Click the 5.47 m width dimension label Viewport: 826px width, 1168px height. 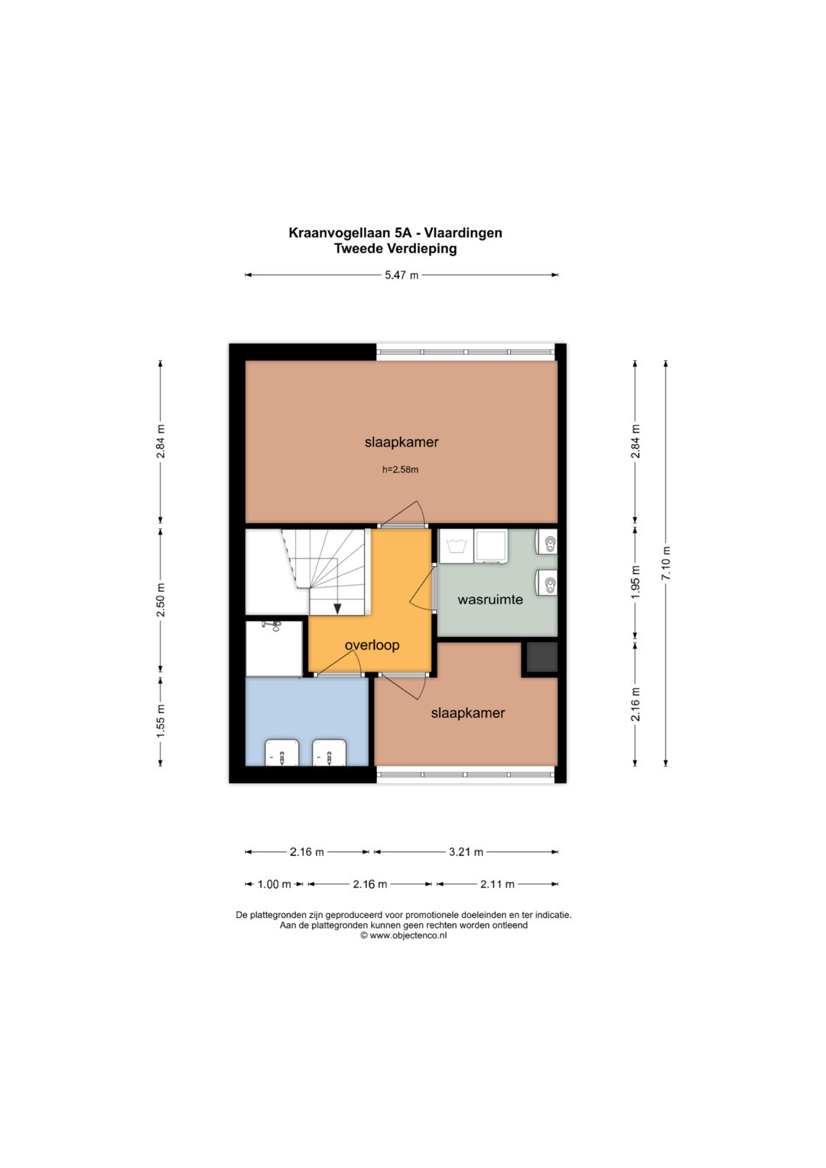(x=402, y=275)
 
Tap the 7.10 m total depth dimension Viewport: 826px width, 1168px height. (x=666, y=563)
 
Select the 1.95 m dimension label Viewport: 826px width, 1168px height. (x=635, y=582)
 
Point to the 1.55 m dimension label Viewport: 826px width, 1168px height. (x=161, y=721)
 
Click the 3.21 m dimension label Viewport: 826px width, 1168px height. (x=467, y=852)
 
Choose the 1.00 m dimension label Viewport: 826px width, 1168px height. (x=275, y=883)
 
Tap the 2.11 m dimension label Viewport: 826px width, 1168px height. (x=497, y=883)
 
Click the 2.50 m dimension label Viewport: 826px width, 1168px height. (x=161, y=600)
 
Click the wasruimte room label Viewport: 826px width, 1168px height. (x=490, y=600)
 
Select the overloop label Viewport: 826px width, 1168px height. (x=372, y=645)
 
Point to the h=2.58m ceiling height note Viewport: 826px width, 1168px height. (x=401, y=470)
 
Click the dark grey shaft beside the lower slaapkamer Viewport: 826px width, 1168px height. (x=541, y=657)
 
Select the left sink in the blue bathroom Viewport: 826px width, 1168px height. (x=282, y=753)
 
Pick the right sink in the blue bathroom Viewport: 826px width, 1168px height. (x=330, y=753)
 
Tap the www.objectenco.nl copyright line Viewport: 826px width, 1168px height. (x=404, y=935)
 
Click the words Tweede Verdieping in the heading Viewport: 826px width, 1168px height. (x=395, y=249)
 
